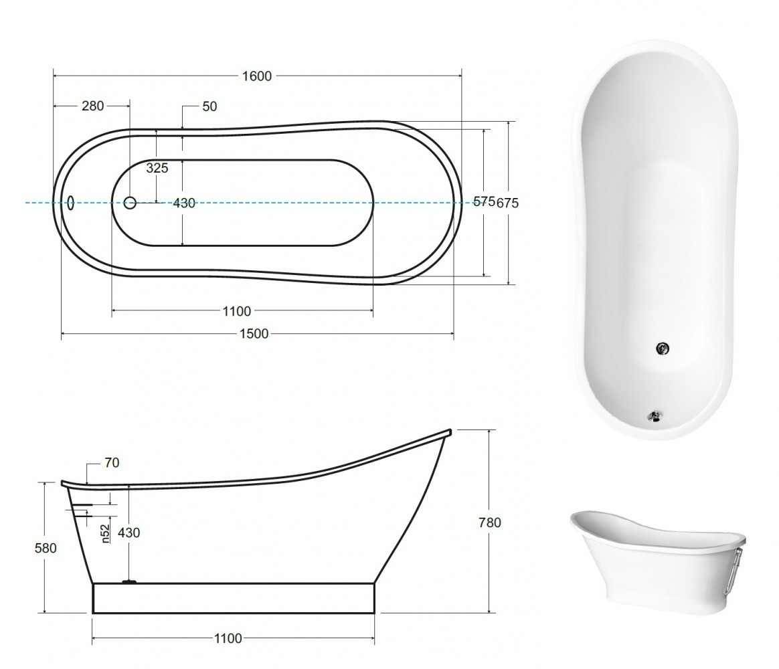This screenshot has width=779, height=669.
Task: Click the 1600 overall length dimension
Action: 257,76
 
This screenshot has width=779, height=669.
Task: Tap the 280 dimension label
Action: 93,106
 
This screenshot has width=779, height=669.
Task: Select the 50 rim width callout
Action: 209,106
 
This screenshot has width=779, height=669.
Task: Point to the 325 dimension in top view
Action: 157,168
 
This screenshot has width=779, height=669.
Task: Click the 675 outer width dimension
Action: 507,203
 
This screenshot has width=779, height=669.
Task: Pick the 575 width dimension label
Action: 484,201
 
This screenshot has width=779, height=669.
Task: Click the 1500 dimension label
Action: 254,334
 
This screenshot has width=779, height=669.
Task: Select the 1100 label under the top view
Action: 236,311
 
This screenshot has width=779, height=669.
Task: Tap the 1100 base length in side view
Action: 228,638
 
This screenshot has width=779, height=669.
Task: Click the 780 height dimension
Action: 490,522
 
